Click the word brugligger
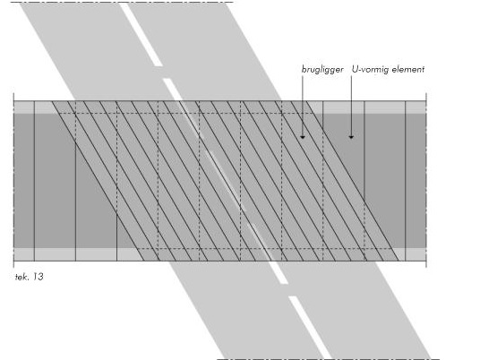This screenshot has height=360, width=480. (x=322, y=70)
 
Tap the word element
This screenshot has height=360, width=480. (x=408, y=69)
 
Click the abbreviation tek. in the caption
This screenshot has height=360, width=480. (x=22, y=277)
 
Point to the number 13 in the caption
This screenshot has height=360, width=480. (x=38, y=277)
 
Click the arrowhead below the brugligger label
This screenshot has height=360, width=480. (x=303, y=137)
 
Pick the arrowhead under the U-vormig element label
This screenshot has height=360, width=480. (x=351, y=137)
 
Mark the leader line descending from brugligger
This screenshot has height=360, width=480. (x=303, y=107)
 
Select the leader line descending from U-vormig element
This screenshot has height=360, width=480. (x=351, y=107)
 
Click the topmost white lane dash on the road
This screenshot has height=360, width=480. (x=141, y=34)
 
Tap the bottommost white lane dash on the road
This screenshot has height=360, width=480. (x=310, y=328)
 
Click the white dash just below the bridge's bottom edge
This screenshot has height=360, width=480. (x=279, y=272)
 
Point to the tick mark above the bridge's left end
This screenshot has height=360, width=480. (x=13, y=97)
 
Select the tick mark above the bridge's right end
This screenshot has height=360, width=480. (x=426, y=97)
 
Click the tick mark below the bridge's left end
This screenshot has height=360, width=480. (x=13, y=264)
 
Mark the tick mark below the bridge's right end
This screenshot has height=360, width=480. (x=426, y=264)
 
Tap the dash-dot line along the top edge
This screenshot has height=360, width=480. (x=123, y=3)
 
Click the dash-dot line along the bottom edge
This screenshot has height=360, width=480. (x=328, y=359)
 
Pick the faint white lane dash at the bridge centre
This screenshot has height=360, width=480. (x=226, y=181)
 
